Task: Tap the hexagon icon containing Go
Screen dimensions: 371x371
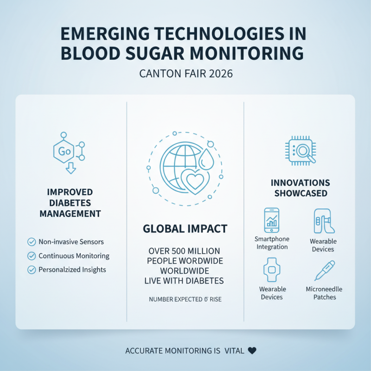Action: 64,151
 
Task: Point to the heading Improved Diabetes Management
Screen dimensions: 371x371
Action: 70,203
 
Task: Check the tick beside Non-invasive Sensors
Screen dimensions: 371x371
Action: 32,242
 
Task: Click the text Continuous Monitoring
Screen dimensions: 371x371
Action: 74,256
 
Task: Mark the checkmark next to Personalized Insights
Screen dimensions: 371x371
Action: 32,269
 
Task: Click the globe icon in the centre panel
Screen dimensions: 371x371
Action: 179,165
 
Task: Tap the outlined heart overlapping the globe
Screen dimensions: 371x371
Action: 194,181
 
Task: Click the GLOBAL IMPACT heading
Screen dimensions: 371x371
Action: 185,228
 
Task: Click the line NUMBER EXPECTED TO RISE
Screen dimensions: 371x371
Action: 185,300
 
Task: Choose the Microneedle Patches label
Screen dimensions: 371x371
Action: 324,293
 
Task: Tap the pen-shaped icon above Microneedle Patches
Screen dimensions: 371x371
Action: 324,270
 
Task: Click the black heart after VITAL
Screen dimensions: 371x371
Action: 252,351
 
